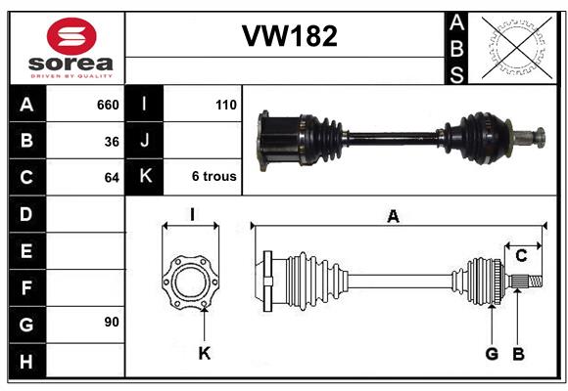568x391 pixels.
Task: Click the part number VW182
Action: coord(290,36)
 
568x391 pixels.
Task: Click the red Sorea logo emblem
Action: coord(71,36)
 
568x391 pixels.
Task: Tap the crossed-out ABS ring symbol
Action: coord(517,48)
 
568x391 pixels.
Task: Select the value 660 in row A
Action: coord(108,105)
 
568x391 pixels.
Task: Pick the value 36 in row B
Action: coord(112,142)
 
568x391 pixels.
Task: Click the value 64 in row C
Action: coord(112,178)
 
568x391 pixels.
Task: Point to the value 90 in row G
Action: coord(112,322)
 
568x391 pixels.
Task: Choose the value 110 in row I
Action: coord(225,105)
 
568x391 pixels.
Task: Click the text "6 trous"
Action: coord(214,176)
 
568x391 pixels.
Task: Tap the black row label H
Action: coord(26,361)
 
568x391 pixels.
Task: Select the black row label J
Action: coord(144,140)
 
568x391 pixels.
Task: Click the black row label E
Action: coord(26,251)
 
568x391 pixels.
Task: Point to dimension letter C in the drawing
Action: coord(521,256)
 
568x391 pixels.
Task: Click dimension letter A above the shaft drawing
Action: coord(394,216)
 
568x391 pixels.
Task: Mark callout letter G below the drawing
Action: coord(492,354)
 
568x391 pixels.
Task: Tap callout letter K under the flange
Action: coord(205,353)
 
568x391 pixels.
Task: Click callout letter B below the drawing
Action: coord(518,354)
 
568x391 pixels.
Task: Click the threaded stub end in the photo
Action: coord(541,138)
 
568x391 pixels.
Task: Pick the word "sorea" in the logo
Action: coord(71,64)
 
